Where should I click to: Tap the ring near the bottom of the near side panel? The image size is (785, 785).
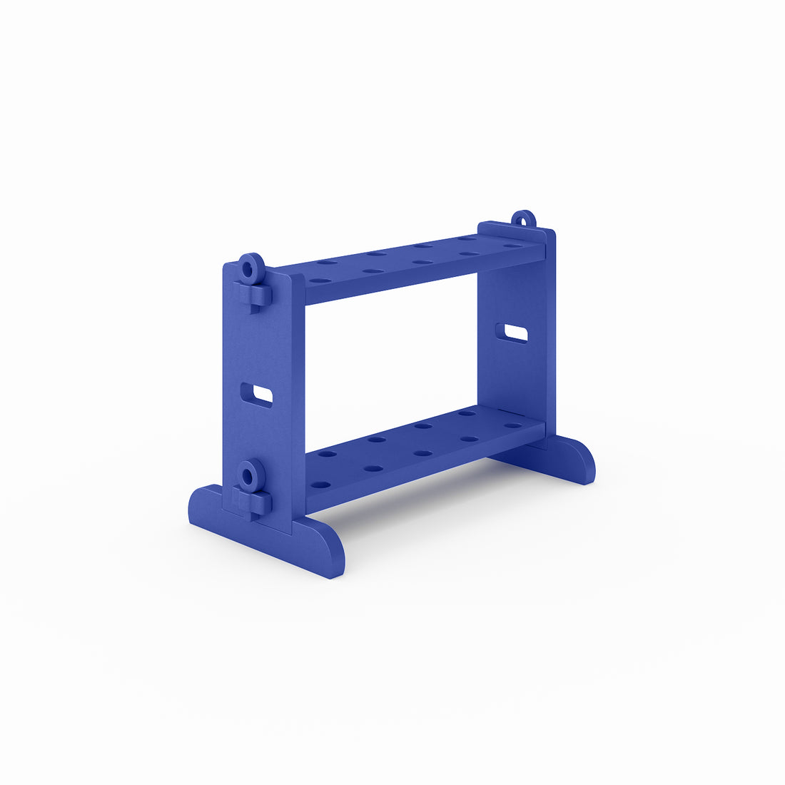tap(250, 475)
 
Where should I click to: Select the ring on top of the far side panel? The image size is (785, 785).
tap(523, 218)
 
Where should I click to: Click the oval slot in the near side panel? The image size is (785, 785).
tap(257, 395)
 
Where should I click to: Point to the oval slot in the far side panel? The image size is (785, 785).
tap(512, 333)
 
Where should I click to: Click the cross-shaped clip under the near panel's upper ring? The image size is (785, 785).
tap(253, 294)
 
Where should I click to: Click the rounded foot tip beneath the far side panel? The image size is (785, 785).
tap(582, 460)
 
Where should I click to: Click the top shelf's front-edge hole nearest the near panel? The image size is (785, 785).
tap(320, 281)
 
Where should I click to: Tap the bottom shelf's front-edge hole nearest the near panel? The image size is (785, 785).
tap(321, 485)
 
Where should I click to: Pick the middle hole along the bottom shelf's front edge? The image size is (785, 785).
tap(423, 453)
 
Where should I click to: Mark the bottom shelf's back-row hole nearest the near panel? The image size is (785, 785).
tap(328, 454)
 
